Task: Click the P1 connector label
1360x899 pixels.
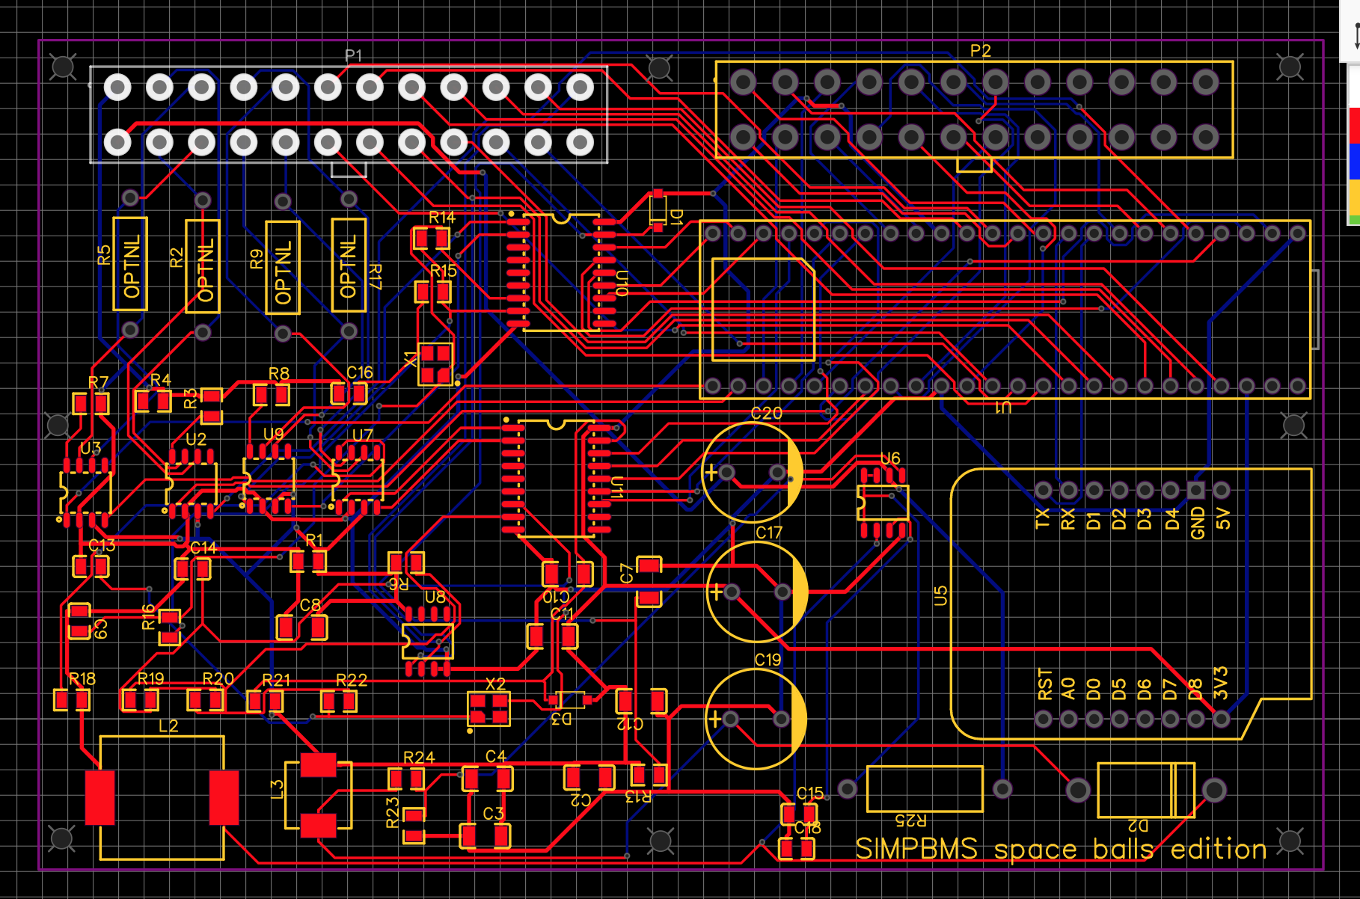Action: [x=353, y=55]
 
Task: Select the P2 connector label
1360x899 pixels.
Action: [x=980, y=51]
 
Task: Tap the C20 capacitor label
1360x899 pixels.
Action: [x=766, y=413]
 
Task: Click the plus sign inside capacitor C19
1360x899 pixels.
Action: [x=714, y=719]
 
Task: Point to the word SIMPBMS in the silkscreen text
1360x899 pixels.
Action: [x=916, y=849]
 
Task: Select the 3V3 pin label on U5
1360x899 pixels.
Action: [x=1220, y=682]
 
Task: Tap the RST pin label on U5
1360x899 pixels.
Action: [x=1044, y=684]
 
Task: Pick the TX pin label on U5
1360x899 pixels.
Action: [x=1042, y=518]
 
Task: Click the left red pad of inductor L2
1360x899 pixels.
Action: [x=99, y=797]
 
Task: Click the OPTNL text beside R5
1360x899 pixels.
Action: [x=132, y=266]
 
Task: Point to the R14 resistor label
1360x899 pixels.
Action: [x=442, y=217]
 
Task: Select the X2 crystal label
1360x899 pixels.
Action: [x=495, y=684]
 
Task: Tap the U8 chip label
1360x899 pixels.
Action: [x=435, y=597]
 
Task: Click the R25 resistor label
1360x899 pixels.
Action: [x=910, y=820]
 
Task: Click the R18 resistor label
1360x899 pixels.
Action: [x=82, y=678]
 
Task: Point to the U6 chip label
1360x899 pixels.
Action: [x=889, y=458]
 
